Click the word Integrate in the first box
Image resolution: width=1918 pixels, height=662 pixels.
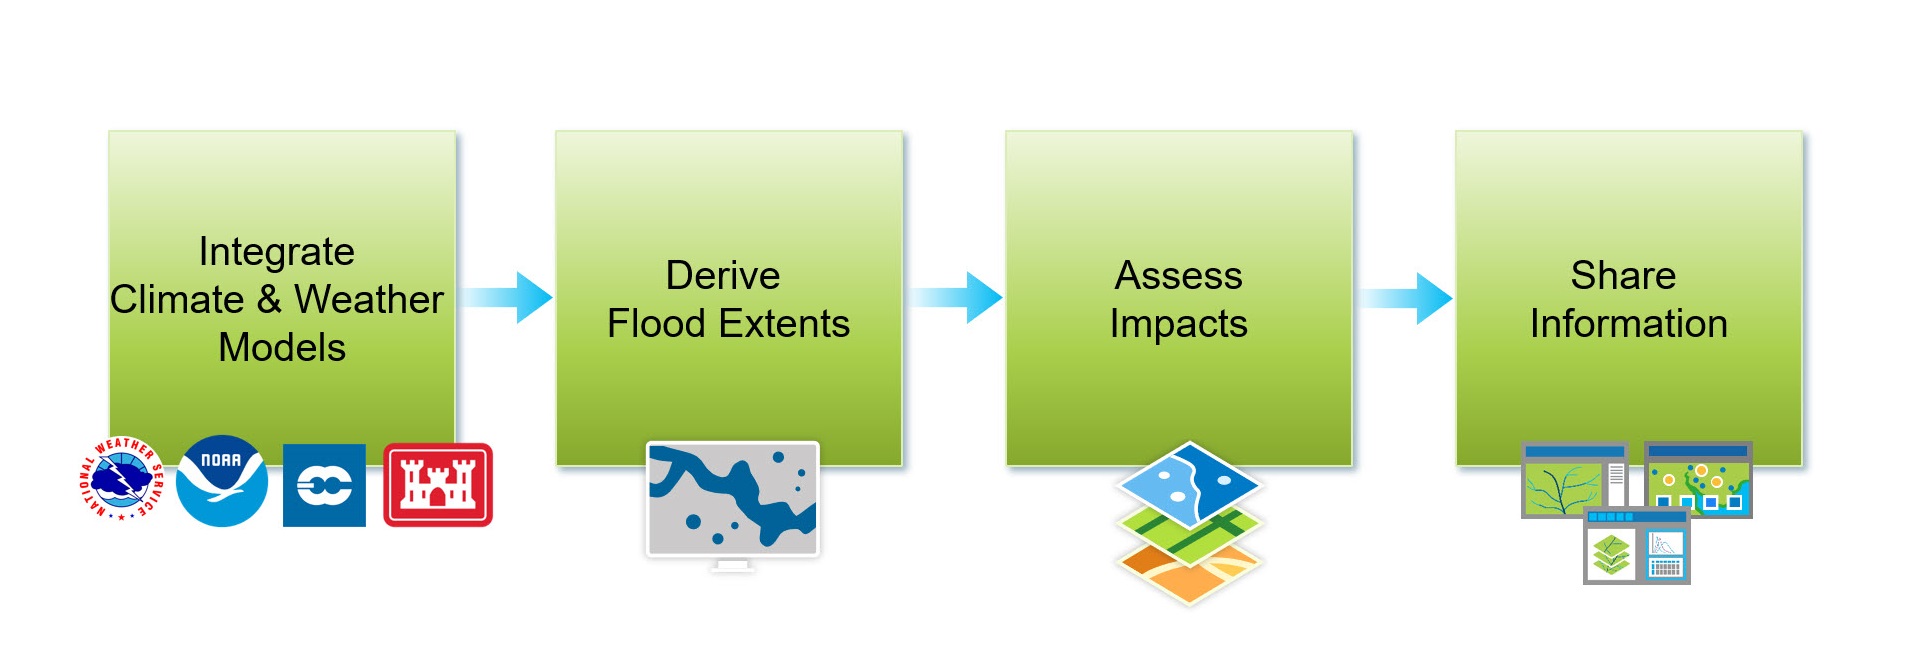coord(277,252)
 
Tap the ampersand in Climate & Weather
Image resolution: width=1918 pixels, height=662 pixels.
coord(269,299)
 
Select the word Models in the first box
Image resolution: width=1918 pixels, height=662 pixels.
coord(282,348)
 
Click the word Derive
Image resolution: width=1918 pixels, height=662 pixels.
coord(723,276)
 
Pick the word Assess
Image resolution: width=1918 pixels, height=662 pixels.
coord(1179,276)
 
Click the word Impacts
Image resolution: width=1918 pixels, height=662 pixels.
coord(1179,325)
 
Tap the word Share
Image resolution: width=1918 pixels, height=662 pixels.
coord(1623,276)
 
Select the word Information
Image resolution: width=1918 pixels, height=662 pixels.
coord(1629,324)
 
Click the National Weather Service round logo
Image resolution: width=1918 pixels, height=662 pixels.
coord(121,479)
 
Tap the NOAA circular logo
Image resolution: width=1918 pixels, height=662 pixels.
coord(222,481)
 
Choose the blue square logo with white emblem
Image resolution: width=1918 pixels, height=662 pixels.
coord(324,485)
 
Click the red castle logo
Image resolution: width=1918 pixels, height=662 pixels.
coord(438,485)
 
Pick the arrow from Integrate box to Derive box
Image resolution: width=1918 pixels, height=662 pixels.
coord(506,297)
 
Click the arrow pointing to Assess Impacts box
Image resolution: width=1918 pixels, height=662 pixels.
coord(956,297)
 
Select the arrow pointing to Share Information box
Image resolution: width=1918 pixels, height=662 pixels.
coord(1406,297)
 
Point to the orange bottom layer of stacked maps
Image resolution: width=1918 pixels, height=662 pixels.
coord(1189,570)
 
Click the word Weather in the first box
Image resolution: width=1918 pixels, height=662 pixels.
coord(369,299)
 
